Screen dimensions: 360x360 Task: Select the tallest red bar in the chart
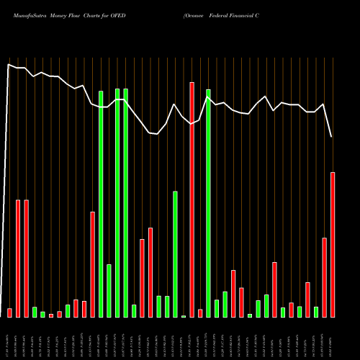[x=192, y=199]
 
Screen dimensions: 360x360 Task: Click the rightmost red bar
[x=333, y=245]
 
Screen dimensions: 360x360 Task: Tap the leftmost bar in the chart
[x=10, y=312]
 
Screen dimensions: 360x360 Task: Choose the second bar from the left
[x=18, y=258]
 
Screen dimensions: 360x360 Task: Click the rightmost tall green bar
[x=209, y=203]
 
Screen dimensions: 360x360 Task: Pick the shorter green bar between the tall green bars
[x=109, y=291]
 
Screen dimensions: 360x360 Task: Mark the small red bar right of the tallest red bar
[x=200, y=313]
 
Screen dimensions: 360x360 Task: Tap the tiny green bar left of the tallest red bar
[x=184, y=316]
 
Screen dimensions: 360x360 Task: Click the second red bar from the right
[x=325, y=277]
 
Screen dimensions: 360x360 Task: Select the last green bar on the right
[x=316, y=312]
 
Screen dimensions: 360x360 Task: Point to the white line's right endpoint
[x=332, y=137]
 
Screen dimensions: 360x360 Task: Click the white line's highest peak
[x=9, y=65]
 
